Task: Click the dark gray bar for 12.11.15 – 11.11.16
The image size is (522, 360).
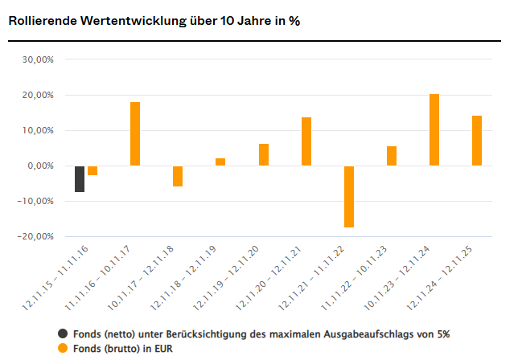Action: click(80, 178)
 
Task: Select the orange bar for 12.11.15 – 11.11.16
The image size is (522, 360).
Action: click(92, 170)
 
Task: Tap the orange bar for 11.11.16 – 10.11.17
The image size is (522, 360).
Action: click(135, 133)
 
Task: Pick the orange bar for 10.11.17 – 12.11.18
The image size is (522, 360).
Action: click(178, 176)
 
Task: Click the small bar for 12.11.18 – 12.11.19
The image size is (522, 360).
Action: click(220, 162)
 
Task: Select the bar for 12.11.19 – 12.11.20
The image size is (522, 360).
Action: click(263, 154)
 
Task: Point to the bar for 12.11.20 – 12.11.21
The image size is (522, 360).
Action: click(306, 141)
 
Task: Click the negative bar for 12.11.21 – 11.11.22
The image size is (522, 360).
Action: click(349, 196)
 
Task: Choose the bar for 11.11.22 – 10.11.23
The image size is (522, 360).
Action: click(392, 156)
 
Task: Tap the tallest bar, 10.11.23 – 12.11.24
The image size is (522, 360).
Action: click(434, 129)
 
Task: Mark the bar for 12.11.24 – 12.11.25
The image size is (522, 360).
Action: click(477, 141)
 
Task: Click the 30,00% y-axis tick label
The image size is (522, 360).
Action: click(38, 59)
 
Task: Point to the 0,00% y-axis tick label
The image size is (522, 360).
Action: click(40, 166)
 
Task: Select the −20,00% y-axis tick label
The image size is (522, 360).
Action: click(36, 236)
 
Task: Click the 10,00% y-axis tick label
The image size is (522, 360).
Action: click(38, 130)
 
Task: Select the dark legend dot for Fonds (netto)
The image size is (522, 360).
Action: click(63, 333)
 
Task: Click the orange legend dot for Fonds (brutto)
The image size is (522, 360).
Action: click(63, 348)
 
